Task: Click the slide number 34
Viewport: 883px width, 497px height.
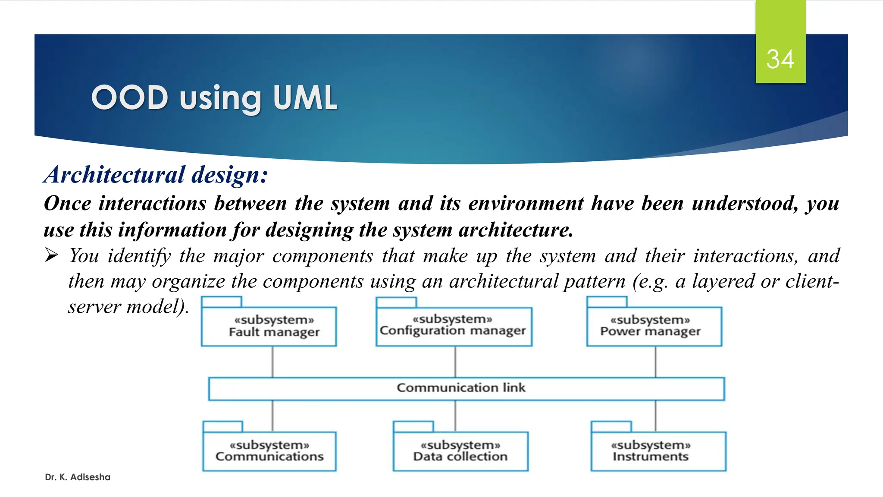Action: (780, 59)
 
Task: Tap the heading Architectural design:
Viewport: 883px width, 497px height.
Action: (156, 175)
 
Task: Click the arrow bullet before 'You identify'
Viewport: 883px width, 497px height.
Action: (52, 255)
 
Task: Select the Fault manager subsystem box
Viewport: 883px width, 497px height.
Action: (269, 327)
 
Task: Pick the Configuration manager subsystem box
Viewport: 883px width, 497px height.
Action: (454, 326)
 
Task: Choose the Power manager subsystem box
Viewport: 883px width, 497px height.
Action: (654, 326)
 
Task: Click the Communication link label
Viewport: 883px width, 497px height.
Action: (461, 387)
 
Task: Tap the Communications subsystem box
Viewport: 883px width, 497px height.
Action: (269, 451)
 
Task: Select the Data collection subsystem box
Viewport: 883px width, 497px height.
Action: (460, 451)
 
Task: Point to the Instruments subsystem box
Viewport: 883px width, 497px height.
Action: (658, 451)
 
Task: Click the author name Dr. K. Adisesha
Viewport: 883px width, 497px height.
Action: (78, 477)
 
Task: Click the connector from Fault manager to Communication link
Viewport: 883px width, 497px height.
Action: (272, 362)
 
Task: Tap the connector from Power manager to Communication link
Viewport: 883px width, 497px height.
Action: (655, 362)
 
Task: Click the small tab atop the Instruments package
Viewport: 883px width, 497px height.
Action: (611, 426)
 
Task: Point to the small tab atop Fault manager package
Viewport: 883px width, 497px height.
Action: (221, 302)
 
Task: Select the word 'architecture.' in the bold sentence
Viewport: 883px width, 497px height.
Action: (516, 230)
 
